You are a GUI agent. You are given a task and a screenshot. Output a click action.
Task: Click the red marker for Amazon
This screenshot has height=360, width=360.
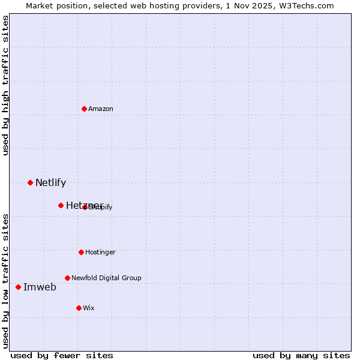(84, 109)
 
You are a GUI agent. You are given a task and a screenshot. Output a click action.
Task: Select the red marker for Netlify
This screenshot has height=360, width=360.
(30, 182)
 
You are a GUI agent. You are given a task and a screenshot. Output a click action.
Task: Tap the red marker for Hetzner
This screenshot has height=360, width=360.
(61, 205)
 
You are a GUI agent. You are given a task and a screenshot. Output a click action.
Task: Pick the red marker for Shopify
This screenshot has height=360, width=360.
(85, 207)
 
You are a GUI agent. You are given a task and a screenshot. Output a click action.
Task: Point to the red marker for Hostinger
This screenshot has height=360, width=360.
(81, 252)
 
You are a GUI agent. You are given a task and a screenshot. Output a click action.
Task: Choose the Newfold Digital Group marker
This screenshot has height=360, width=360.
(67, 278)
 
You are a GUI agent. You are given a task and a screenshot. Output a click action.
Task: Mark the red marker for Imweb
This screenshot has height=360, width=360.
(18, 287)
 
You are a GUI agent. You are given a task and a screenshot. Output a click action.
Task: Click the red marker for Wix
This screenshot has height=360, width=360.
(79, 308)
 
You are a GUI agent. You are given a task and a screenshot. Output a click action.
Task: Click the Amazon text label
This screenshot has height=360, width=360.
(101, 109)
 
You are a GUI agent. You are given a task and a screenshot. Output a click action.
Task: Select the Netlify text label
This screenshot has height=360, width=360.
(50, 183)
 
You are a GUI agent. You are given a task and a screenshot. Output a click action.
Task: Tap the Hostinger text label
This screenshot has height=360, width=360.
(100, 252)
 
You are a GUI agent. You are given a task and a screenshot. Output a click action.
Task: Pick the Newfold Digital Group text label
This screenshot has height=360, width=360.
(106, 278)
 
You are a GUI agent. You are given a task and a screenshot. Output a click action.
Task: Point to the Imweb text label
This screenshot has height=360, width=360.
(40, 287)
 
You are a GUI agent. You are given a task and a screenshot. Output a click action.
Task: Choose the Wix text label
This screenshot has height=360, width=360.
(89, 308)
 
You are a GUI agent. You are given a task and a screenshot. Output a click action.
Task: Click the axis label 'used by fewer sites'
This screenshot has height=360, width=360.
(62, 355)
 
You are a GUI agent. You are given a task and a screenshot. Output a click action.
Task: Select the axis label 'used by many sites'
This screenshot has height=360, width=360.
(301, 355)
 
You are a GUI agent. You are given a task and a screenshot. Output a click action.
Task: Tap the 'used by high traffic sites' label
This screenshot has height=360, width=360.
(5, 85)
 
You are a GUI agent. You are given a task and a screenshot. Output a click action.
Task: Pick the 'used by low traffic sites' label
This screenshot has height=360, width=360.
(5, 280)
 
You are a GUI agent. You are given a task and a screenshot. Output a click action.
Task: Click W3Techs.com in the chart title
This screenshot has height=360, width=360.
(305, 5)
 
